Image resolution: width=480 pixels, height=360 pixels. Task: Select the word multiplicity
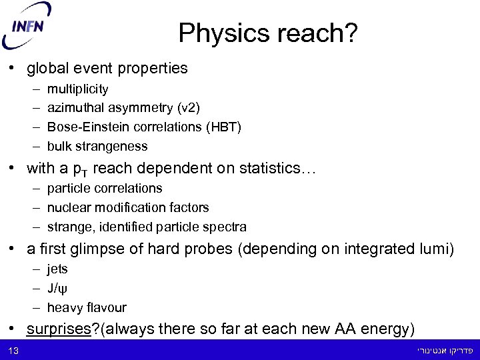[x=77, y=89]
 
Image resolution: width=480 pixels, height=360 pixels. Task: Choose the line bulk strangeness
[x=97, y=146]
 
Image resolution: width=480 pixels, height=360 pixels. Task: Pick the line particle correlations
[x=104, y=189]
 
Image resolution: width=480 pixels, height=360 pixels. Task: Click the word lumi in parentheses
[x=435, y=249]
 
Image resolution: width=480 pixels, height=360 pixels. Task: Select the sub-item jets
[x=57, y=269]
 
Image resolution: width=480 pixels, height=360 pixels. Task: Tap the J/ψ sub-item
[x=57, y=289]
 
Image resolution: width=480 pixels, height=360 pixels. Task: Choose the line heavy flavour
[x=86, y=308]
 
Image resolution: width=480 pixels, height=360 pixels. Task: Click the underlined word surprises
[x=58, y=329]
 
